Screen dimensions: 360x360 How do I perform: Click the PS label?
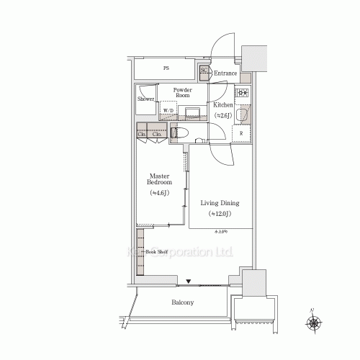(166, 69)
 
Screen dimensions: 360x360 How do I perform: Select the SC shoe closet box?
(204, 71)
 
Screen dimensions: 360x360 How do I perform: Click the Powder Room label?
(181, 93)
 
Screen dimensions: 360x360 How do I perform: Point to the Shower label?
(146, 99)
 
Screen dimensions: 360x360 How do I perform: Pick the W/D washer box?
(168, 111)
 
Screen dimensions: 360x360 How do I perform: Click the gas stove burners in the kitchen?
(243, 91)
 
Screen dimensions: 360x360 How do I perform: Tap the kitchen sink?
(243, 116)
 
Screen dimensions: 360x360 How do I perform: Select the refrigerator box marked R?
(240, 134)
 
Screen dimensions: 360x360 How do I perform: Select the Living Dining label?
(220, 204)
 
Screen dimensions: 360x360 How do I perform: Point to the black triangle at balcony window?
(189, 282)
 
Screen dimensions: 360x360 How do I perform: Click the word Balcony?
(182, 303)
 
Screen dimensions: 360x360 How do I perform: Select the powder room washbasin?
(192, 111)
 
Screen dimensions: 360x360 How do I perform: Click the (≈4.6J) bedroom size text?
(160, 194)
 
